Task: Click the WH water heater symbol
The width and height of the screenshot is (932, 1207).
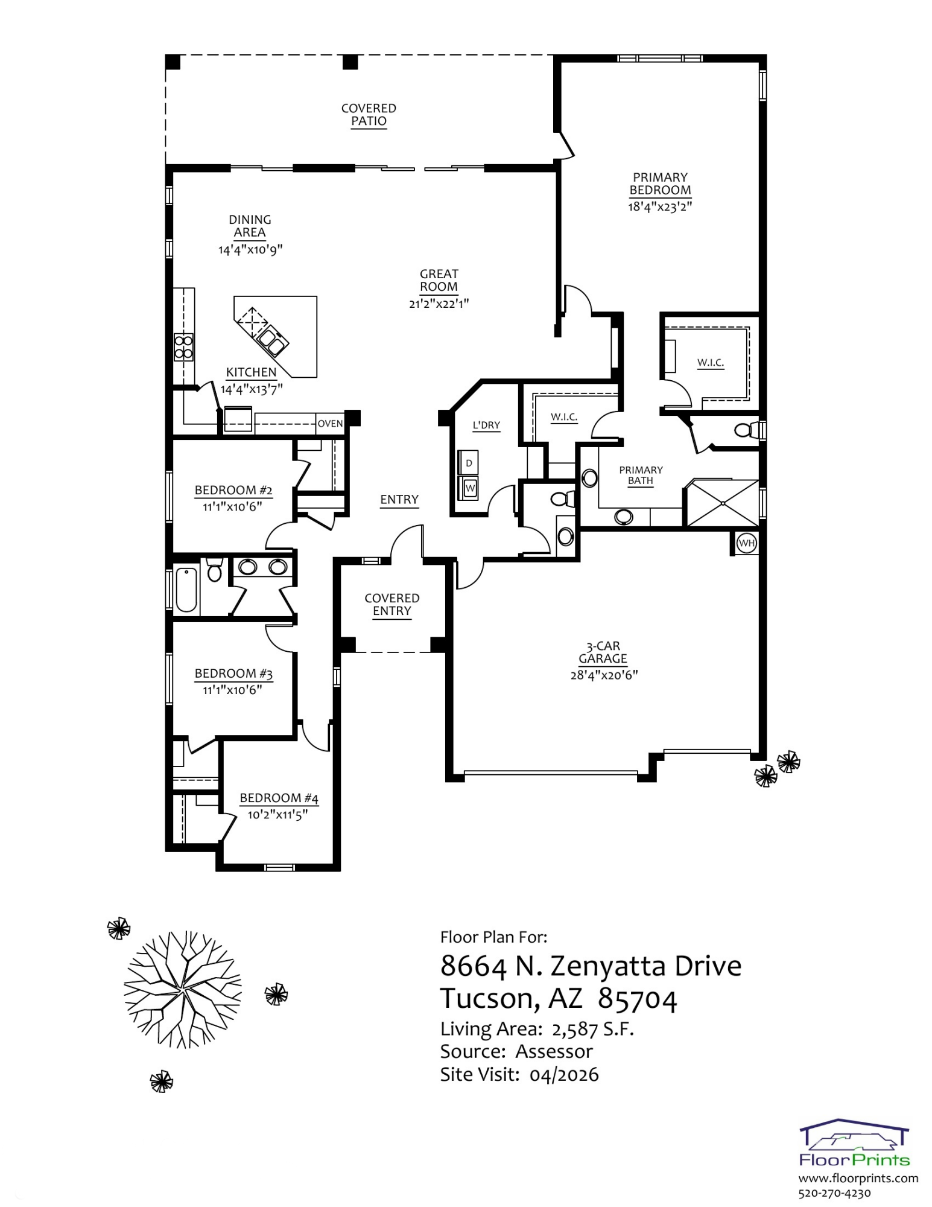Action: point(746,543)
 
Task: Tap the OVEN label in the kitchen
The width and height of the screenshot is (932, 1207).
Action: point(330,424)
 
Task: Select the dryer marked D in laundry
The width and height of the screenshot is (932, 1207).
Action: point(469,463)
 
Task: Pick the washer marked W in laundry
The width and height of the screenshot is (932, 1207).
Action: point(470,488)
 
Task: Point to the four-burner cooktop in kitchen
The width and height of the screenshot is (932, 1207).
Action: point(183,347)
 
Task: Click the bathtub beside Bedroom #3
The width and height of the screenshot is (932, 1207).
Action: point(186,590)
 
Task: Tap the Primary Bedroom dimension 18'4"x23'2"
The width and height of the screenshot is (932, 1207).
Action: point(659,206)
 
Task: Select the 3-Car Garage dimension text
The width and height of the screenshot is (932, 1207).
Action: point(604,675)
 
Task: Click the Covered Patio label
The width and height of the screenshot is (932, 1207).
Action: point(369,115)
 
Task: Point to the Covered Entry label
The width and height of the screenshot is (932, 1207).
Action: point(392,604)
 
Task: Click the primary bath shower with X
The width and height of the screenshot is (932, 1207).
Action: point(723,503)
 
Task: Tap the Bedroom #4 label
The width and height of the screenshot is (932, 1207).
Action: point(279,798)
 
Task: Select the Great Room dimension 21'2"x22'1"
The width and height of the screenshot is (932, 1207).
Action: point(439,304)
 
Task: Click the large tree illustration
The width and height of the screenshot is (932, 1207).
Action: point(182,989)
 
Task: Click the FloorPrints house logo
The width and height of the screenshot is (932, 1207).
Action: point(854,1142)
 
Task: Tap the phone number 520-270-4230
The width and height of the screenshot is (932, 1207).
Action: point(834,1193)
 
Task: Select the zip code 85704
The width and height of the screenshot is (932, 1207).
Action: point(638,999)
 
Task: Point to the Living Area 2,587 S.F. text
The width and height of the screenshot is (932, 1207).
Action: point(537,1029)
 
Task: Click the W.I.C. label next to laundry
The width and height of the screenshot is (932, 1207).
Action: point(563,417)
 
